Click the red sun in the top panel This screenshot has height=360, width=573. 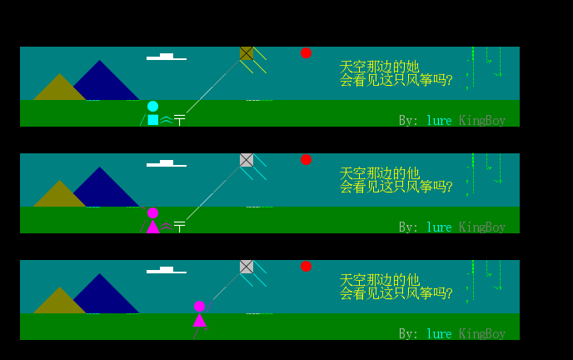306,53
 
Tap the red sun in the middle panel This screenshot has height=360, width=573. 306,160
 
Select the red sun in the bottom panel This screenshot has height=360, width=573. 306,267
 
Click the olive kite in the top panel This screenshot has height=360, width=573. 247,53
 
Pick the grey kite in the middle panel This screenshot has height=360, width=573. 247,160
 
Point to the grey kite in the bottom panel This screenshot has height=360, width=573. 247,267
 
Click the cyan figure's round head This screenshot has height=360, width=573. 152,107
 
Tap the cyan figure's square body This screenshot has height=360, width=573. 153,120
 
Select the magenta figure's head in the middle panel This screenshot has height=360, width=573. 152,212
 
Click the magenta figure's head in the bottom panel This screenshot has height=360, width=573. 200,307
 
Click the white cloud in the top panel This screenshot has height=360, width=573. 167,57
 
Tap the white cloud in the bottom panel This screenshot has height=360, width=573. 167,270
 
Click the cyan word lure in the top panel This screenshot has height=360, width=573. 439,120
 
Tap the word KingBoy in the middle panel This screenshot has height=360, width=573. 482,227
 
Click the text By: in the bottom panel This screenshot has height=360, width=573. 409,334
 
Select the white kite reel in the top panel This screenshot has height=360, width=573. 179,120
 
